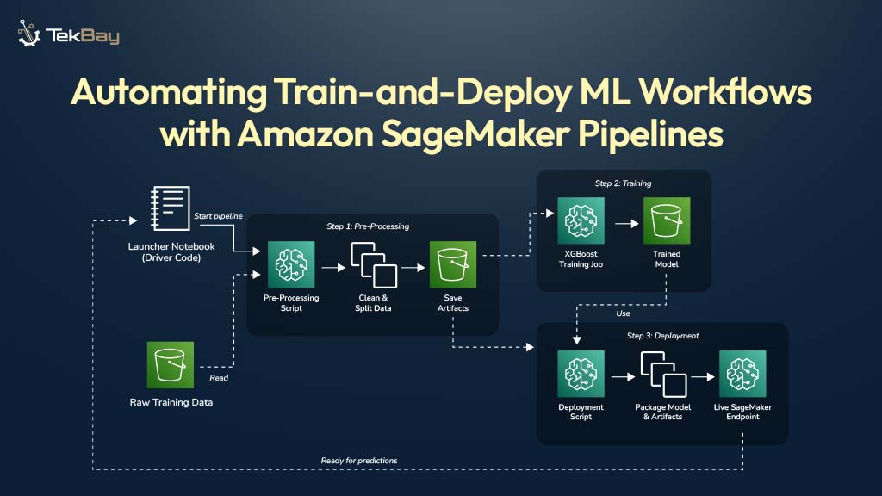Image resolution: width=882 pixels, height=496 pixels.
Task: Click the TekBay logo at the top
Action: click(68, 35)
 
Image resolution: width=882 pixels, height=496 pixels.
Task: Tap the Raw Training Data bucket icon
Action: click(171, 366)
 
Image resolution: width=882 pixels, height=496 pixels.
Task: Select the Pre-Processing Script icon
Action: click(291, 265)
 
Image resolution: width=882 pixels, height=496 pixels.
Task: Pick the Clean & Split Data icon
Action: click(373, 265)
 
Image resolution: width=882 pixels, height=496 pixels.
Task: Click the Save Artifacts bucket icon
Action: click(453, 265)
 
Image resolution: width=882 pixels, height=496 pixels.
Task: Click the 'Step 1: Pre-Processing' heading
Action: click(368, 226)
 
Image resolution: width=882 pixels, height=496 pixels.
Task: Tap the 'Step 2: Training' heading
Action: click(623, 183)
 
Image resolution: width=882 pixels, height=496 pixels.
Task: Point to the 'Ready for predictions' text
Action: click(359, 461)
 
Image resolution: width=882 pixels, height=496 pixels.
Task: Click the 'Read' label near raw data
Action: click(219, 377)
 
